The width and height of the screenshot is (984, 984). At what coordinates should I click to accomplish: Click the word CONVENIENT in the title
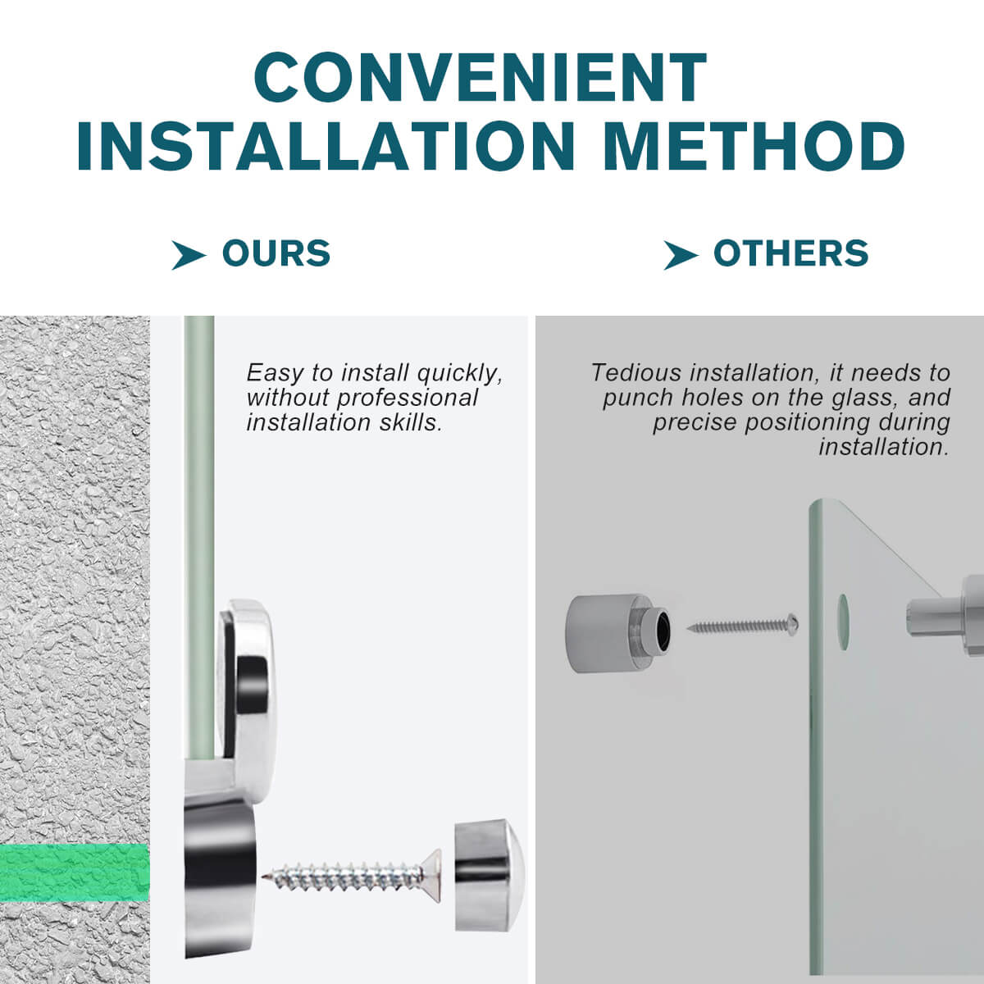(480, 77)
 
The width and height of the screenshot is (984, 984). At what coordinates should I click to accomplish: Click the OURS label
(276, 253)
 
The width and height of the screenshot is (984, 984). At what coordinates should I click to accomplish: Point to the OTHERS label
(791, 253)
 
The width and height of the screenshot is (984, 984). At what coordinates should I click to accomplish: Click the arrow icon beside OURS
(189, 255)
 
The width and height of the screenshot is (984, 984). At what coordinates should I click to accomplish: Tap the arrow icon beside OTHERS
(681, 255)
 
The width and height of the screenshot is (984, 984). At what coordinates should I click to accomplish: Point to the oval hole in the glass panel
(843, 622)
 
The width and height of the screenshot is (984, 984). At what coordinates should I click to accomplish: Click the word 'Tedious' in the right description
(637, 373)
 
